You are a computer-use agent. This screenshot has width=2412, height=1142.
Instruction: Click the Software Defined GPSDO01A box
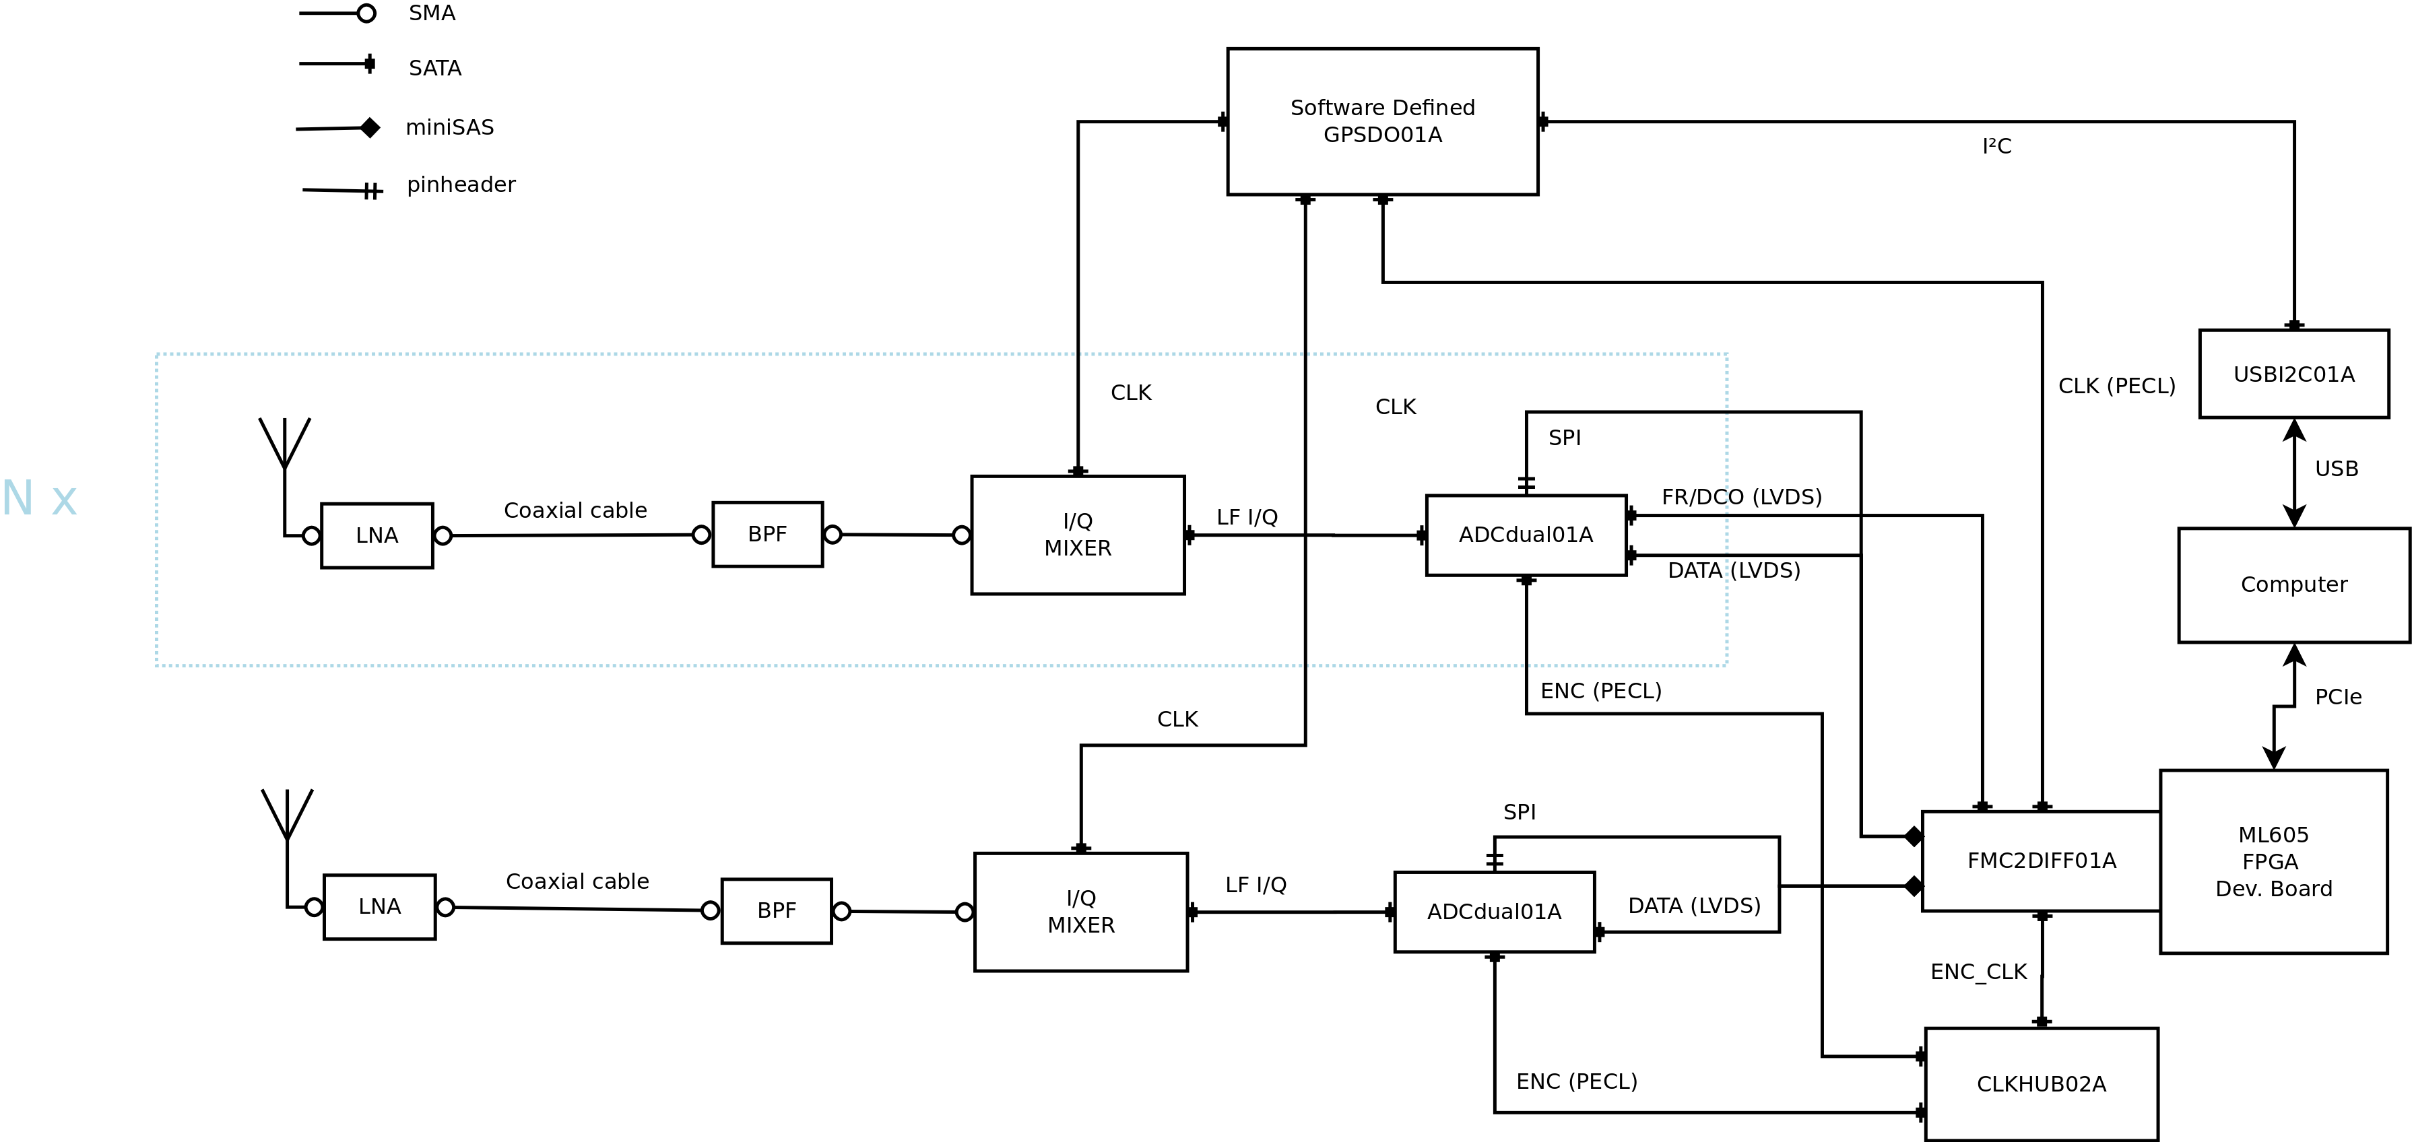(1382, 122)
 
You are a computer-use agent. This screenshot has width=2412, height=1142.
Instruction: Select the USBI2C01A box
(2293, 374)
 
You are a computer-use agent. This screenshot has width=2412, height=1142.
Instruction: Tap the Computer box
(2293, 585)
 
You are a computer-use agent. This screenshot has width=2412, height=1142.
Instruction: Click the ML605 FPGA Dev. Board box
(2273, 861)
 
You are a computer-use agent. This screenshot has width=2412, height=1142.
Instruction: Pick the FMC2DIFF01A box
(2042, 861)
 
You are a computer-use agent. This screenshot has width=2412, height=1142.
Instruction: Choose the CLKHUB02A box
(2042, 1084)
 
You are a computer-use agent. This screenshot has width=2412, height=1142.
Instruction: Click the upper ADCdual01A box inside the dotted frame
(1526, 535)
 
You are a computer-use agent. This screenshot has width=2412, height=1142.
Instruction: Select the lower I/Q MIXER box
(1080, 912)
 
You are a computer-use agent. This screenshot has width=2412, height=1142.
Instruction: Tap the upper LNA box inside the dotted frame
(377, 535)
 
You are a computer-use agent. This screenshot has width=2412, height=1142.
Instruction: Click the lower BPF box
(776, 911)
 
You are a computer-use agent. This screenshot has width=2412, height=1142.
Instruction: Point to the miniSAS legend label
(449, 127)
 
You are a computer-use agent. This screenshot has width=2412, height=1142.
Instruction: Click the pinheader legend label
(461, 184)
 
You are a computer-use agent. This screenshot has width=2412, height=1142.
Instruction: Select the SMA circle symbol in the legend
(366, 13)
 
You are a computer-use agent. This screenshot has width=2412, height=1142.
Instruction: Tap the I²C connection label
(1996, 146)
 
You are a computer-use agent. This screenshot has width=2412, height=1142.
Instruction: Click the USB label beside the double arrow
(2336, 469)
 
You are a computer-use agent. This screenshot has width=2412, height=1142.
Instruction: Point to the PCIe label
(2337, 698)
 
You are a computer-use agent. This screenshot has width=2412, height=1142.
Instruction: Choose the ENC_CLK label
(1978, 972)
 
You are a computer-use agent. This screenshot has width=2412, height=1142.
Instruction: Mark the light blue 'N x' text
(39, 498)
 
